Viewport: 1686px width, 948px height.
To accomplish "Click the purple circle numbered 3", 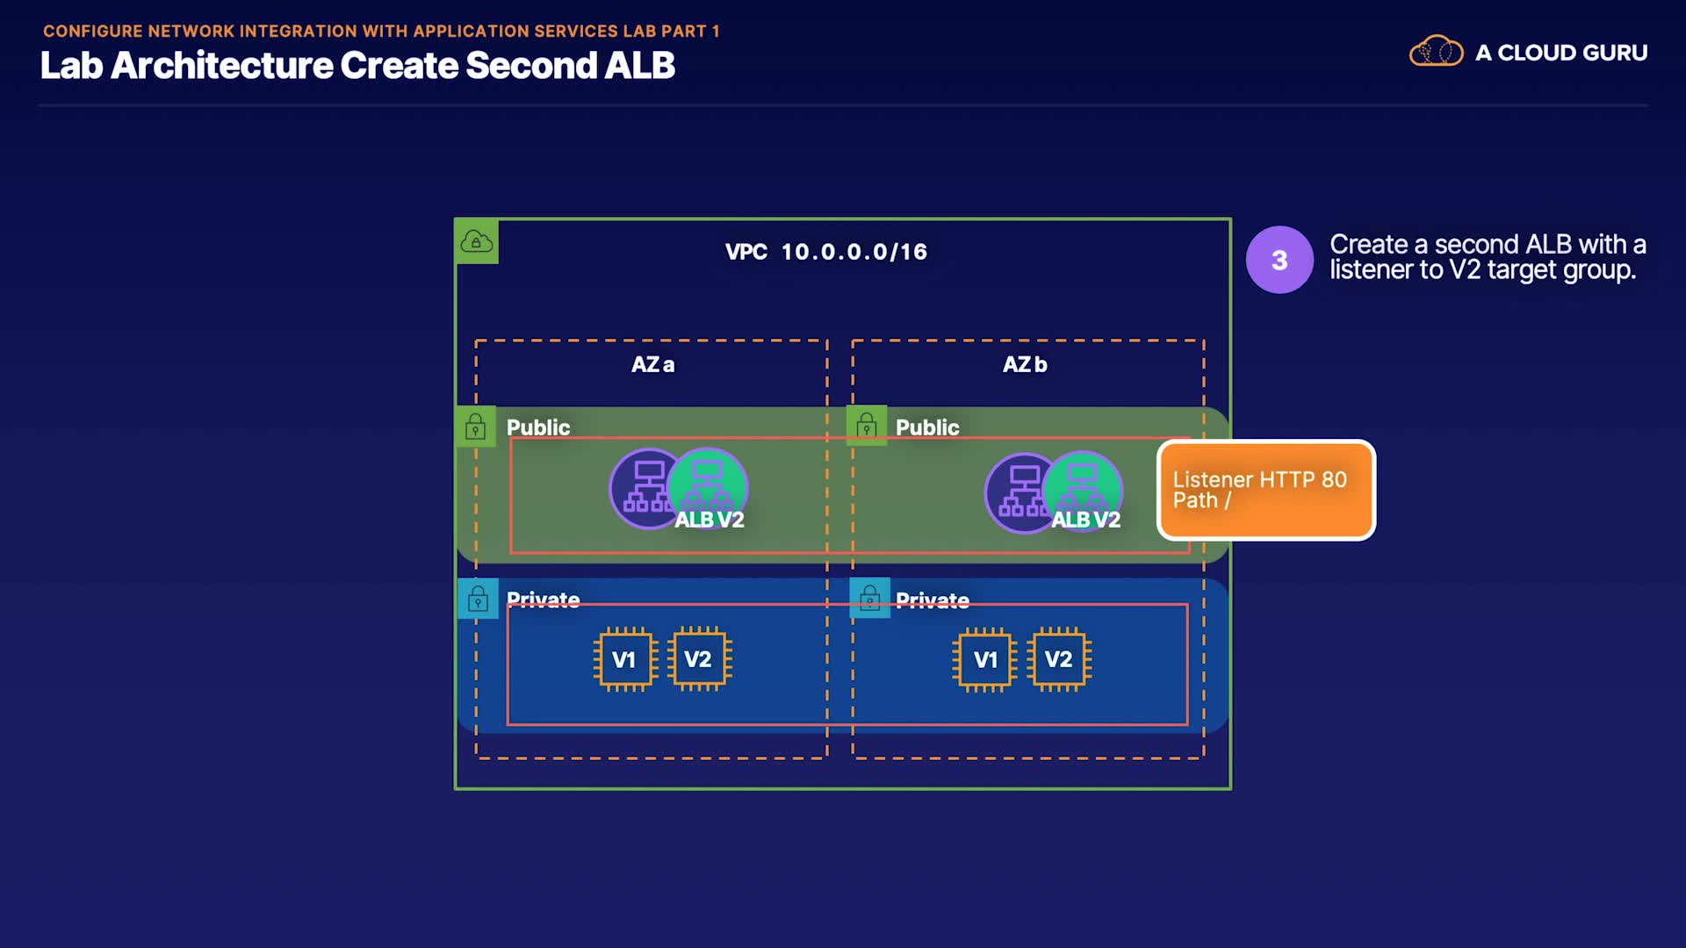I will coord(1279,260).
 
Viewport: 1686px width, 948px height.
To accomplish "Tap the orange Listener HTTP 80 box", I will coord(1266,490).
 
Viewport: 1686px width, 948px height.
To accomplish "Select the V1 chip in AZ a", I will coord(623,659).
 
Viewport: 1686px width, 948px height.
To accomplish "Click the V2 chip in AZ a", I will coord(698,659).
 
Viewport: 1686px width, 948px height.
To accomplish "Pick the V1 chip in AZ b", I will coord(985,659).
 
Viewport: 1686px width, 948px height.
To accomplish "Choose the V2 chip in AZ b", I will coord(1059,659).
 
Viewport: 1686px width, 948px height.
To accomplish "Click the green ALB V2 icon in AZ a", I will coord(708,487).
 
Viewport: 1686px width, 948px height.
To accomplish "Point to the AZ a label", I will coord(652,364).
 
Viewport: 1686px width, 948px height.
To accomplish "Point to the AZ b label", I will coord(1025,364).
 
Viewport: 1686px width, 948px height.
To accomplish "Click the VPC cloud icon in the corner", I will coord(477,241).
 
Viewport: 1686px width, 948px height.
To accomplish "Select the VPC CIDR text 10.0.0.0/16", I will coord(854,252).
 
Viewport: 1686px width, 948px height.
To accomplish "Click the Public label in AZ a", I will coord(538,427).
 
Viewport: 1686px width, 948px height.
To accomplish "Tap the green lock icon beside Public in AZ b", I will coord(867,427).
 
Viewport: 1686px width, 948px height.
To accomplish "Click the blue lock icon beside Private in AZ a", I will coord(478,599).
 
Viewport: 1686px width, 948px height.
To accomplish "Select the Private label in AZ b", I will coord(933,600).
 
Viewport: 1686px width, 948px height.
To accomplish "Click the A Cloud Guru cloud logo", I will coord(1436,52).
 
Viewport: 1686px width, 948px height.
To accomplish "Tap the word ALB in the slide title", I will coord(639,66).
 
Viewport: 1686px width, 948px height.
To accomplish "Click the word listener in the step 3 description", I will coord(1371,269).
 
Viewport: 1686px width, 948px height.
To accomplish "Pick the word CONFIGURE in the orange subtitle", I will coord(92,31).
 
